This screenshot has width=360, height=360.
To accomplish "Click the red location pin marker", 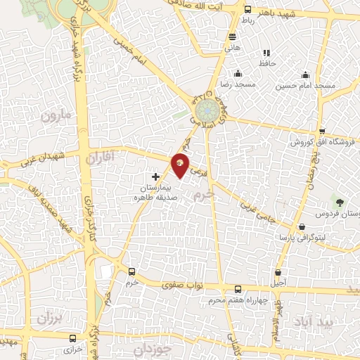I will point(181,166).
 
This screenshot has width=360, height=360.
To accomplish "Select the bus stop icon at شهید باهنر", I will point(247,10).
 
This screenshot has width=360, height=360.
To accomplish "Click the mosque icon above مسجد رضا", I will point(238,74).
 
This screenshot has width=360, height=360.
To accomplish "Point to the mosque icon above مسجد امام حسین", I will point(304,75).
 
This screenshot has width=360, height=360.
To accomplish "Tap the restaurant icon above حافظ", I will point(266,53).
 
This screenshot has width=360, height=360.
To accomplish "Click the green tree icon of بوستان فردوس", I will point(340,202).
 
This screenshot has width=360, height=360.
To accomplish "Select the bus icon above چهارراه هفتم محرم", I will point(238,290).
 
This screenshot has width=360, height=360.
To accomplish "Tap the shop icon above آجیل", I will point(280,272).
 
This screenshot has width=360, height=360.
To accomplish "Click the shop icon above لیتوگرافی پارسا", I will point(302,227).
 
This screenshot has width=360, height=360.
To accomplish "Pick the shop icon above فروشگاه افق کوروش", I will point(321,131).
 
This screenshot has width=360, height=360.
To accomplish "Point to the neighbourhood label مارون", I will point(56,115).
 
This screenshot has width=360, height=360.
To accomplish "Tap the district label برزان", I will point(49,319).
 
